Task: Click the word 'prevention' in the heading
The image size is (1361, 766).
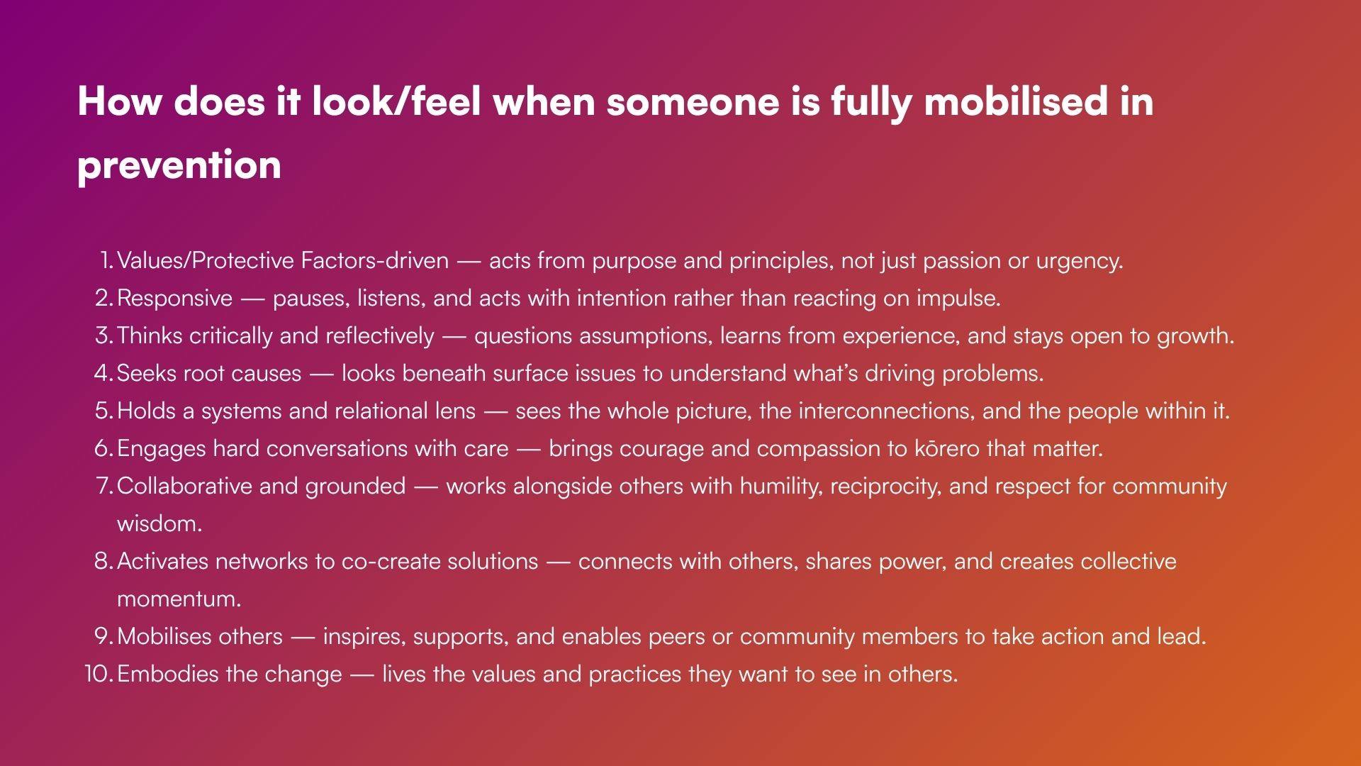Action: point(179,165)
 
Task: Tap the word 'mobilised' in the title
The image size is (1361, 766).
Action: point(1015,101)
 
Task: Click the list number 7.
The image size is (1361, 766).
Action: point(104,486)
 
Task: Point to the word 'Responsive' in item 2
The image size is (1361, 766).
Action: point(174,299)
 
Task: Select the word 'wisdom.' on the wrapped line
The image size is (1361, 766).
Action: point(159,523)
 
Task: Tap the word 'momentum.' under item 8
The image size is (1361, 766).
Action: point(179,599)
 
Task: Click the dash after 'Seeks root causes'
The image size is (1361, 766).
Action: point(322,374)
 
